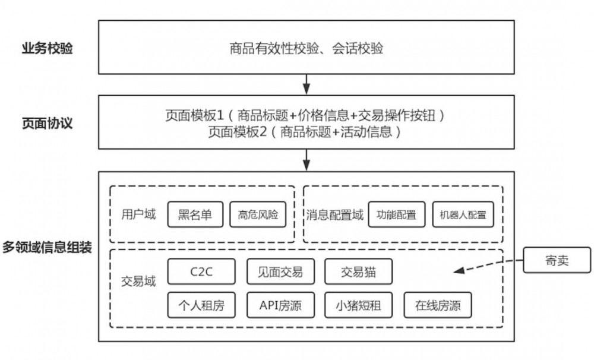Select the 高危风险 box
tap(258, 214)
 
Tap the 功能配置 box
tap(396, 214)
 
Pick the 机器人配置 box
tap(463, 214)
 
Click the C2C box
tap(201, 272)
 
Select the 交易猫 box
tap(358, 272)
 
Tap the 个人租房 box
tap(201, 306)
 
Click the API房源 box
tap(280, 306)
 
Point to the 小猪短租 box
tap(358, 306)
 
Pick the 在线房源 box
tap(438, 306)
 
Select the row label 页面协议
tap(48, 124)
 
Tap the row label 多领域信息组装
tap(47, 247)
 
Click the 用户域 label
tap(138, 214)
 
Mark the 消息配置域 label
tap(334, 214)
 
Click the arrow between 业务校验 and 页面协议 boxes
tap(307, 84)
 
